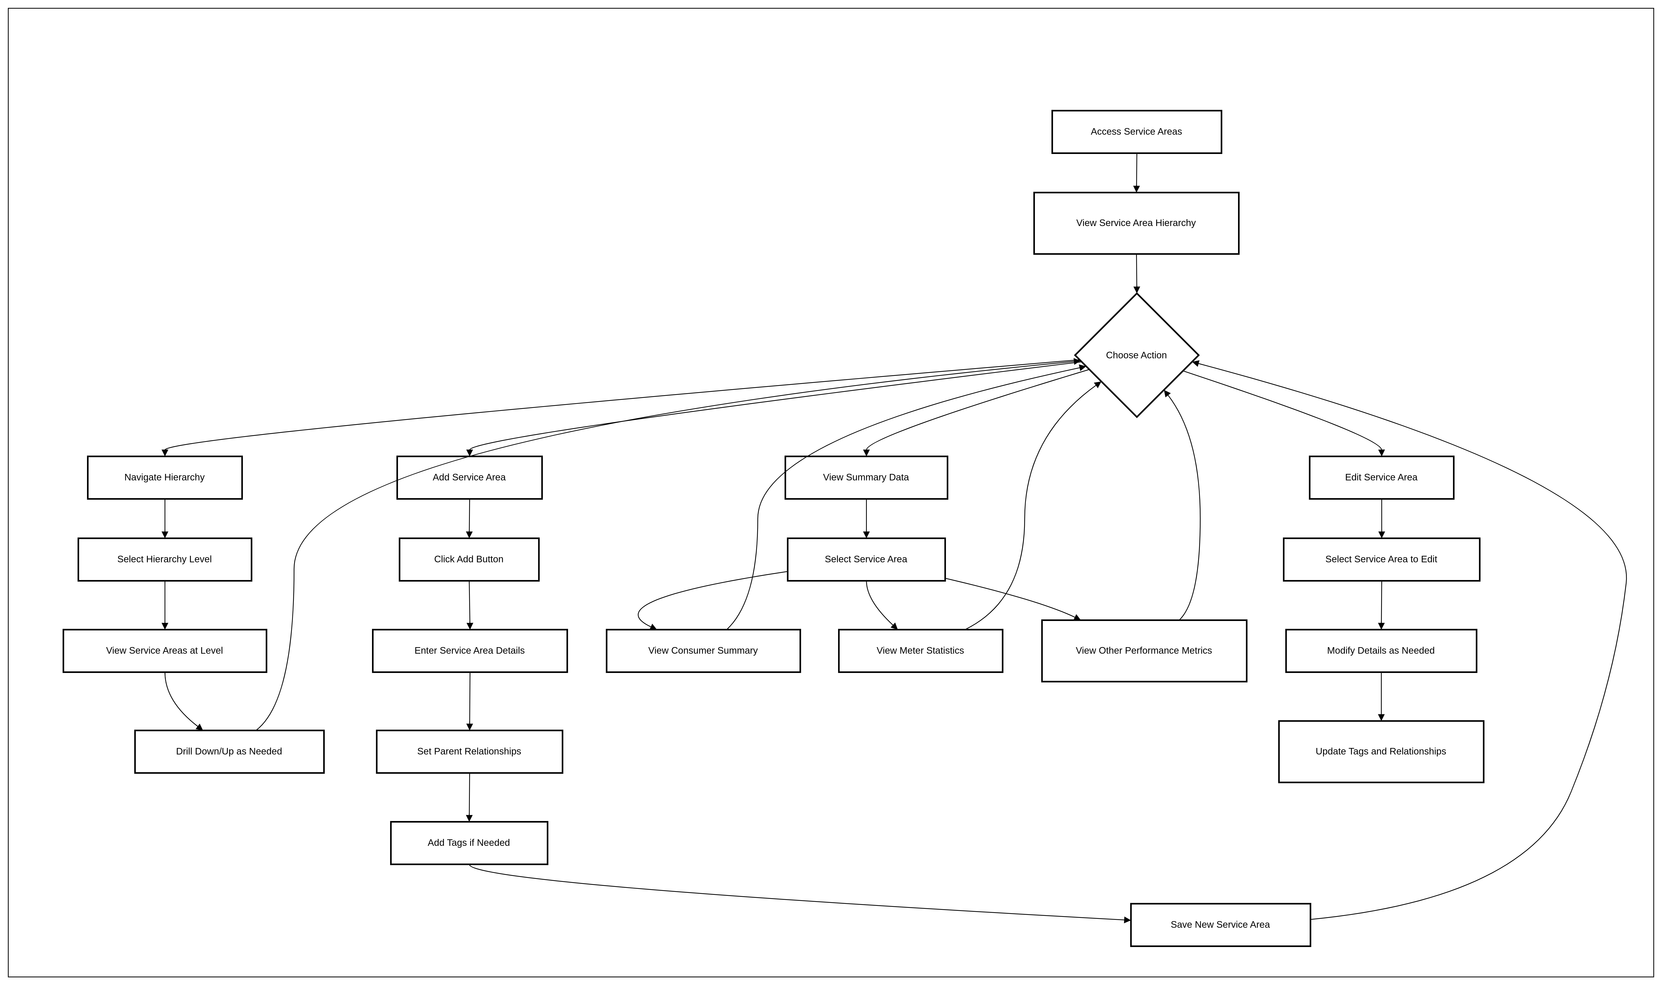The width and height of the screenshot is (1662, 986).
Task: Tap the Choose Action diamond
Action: [1137, 355]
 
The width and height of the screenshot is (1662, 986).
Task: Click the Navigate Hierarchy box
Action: [165, 477]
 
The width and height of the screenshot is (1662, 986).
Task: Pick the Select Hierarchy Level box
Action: [165, 559]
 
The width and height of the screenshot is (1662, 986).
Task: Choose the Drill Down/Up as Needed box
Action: [229, 752]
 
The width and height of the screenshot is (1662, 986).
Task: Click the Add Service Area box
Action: [469, 477]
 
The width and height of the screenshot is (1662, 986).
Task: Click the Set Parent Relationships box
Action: [469, 752]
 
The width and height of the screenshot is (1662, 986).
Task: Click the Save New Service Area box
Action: [1221, 925]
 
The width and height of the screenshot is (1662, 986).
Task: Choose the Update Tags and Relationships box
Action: [1381, 752]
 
